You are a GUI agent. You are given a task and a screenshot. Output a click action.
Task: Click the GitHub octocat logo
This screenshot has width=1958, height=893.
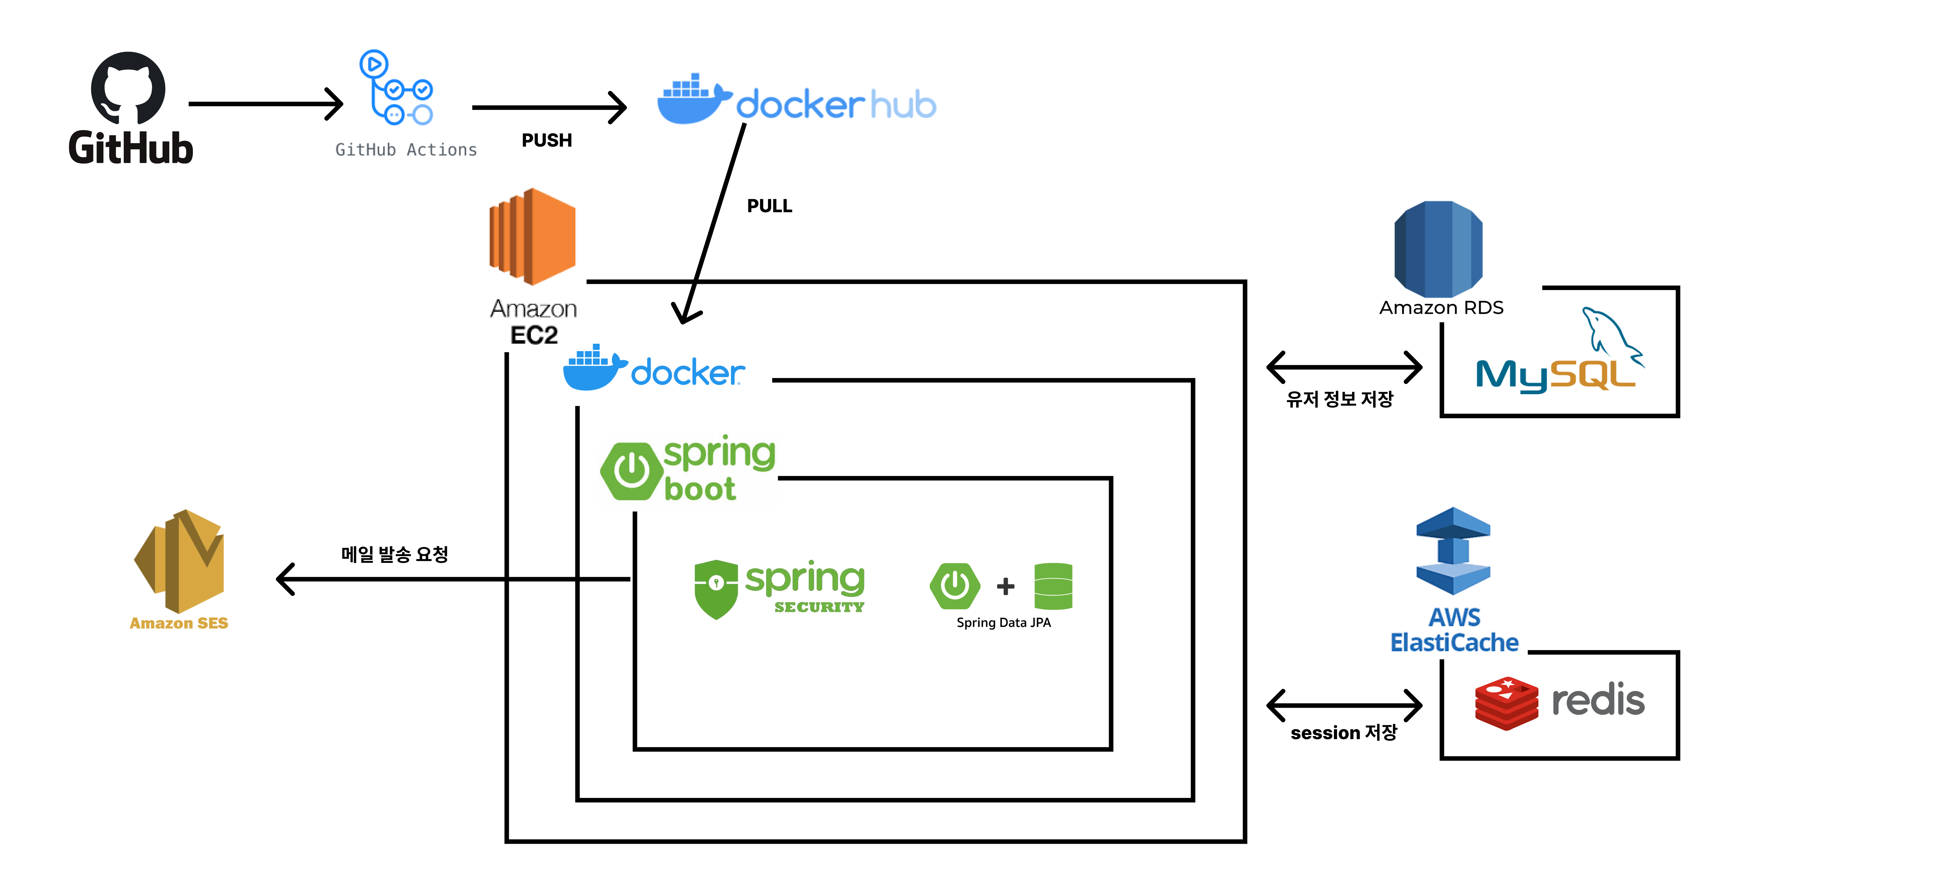click(128, 87)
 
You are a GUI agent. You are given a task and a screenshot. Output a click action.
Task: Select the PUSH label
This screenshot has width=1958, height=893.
click(547, 141)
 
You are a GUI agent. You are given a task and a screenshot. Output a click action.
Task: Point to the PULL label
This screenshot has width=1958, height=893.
click(769, 206)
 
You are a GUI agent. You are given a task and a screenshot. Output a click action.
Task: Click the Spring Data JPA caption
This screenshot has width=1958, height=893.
click(1003, 622)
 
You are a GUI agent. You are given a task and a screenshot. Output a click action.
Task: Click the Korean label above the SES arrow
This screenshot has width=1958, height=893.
click(395, 554)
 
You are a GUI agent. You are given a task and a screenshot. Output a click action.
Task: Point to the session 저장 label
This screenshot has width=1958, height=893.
click(1343, 733)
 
